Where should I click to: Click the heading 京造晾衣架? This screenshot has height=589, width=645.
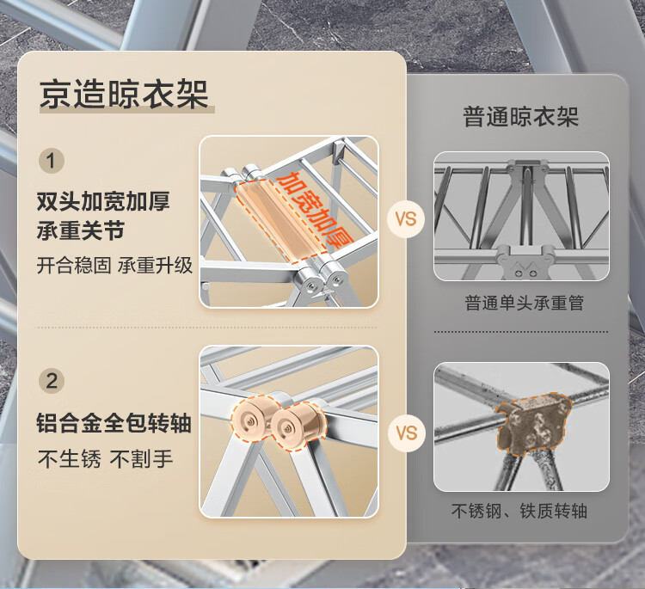(x=124, y=95)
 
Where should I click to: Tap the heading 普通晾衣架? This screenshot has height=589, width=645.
(x=521, y=116)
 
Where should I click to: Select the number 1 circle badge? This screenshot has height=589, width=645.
(x=52, y=161)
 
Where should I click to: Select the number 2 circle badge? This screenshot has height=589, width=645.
(x=52, y=380)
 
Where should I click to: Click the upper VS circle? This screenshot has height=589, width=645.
(x=406, y=218)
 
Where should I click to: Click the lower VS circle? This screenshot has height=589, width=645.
(x=407, y=433)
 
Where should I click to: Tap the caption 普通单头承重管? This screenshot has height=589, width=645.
(x=524, y=303)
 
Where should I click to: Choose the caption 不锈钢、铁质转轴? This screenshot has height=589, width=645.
(x=519, y=511)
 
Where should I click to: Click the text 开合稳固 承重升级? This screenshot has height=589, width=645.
(x=114, y=266)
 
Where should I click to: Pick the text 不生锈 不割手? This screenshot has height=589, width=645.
(x=105, y=458)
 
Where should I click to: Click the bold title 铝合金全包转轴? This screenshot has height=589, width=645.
(x=114, y=423)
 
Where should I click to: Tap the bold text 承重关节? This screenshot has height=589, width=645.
(x=81, y=230)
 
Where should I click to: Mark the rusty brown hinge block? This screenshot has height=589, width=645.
(x=533, y=423)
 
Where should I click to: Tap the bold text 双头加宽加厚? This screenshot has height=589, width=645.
(x=103, y=201)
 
